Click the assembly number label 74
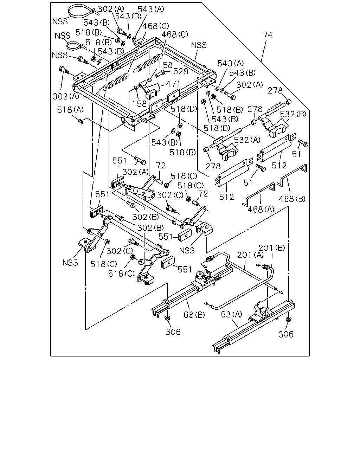268,35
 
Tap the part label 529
181,71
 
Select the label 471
173,84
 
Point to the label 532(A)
247,140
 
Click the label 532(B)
293,114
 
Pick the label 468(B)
292,199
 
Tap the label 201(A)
251,255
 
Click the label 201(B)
272,247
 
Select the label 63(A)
232,314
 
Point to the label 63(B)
194,315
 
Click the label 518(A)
70,110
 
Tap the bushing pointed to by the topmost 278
289,102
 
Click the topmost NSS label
60,21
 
